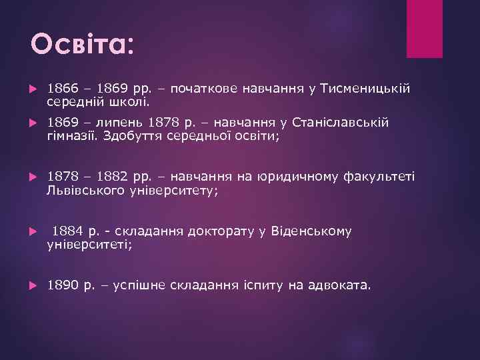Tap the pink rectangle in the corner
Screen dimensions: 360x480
click(424, 28)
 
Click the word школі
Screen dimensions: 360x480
click(135, 103)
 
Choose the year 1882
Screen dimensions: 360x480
click(112, 177)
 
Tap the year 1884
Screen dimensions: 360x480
click(67, 231)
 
